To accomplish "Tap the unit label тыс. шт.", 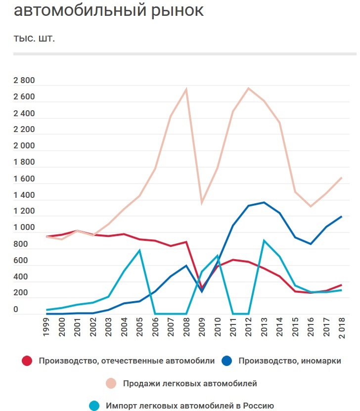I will [x=34, y=39].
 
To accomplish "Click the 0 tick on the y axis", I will [x=16, y=310].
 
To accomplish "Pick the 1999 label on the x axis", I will [x=46, y=328].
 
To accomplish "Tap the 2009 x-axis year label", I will [x=202, y=328].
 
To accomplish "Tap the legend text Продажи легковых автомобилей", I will [x=190, y=383].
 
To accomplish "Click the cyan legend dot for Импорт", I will [x=94, y=406].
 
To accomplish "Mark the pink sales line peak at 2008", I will [x=186, y=90].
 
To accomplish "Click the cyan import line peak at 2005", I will [x=139, y=250].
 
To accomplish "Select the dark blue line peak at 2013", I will [x=264, y=202].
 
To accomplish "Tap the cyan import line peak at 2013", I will [x=264, y=241].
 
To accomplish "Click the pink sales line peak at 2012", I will [x=248, y=88].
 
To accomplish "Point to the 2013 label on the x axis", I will [x=264, y=328].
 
